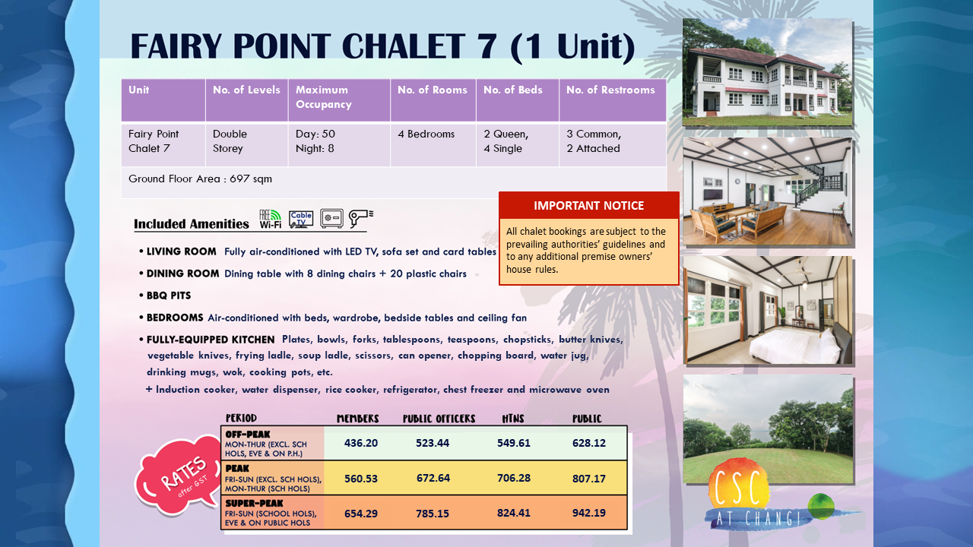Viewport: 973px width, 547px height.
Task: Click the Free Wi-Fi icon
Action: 270,219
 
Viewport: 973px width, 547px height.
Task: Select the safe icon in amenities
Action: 332,218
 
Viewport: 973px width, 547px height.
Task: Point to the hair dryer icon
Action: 361,218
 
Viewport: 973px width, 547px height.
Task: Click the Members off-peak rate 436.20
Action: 361,443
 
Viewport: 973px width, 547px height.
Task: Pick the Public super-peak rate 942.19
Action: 588,513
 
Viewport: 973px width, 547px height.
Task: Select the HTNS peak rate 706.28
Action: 514,478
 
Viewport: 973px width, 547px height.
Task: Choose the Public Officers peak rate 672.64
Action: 433,478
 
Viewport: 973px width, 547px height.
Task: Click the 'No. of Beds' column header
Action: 513,90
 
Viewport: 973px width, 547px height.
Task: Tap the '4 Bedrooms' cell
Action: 426,134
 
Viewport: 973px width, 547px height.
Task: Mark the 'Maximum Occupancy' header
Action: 324,96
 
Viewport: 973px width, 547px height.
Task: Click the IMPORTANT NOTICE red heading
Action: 588,205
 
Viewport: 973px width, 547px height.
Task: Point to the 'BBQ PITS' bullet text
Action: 169,296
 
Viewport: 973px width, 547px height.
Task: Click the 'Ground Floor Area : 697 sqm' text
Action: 200,179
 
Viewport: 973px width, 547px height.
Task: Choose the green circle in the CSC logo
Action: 821,506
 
